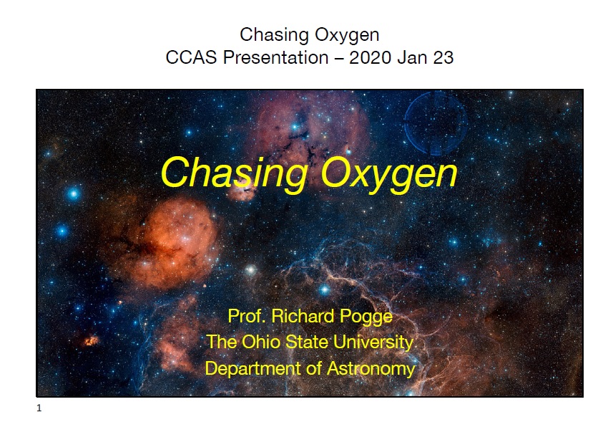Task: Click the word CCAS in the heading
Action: pyautogui.click(x=191, y=57)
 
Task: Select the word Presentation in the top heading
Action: pyautogui.click(x=275, y=57)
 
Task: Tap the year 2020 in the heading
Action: pyautogui.click(x=370, y=57)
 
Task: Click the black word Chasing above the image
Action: pyautogui.click(x=274, y=35)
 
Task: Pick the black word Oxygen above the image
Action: pyautogui.click(x=347, y=35)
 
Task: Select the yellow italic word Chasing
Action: pyautogui.click(x=234, y=174)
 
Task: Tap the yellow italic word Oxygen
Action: pyautogui.click(x=389, y=174)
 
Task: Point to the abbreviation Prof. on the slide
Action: pyautogui.click(x=247, y=316)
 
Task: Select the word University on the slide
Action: pyautogui.click(x=374, y=342)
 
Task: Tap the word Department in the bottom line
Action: pyautogui.click(x=252, y=368)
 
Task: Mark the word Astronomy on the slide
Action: pyautogui.click(x=371, y=368)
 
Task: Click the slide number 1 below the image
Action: pyautogui.click(x=39, y=408)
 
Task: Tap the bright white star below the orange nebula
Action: pyautogui.click(x=251, y=269)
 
